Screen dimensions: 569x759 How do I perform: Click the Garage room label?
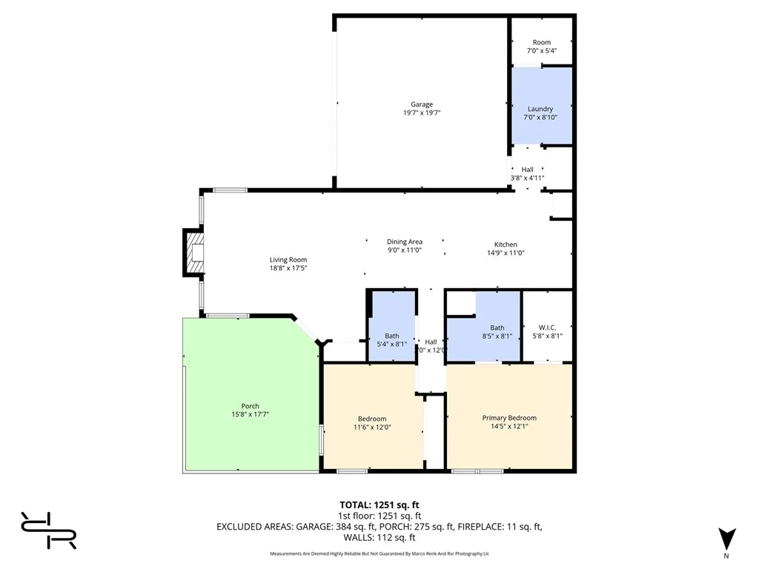[x=422, y=104]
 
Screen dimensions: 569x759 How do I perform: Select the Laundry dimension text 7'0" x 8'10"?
[x=540, y=117]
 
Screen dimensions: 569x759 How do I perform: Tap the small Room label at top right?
[x=542, y=42]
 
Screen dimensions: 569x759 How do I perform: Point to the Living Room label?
[x=288, y=260]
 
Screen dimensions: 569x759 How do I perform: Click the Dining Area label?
[x=405, y=242]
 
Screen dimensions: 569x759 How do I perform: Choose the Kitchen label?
[x=506, y=244]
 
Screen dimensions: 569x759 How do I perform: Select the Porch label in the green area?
[x=250, y=406]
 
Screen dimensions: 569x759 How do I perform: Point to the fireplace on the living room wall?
[x=194, y=253]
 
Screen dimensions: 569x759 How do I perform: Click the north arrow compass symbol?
[x=726, y=539]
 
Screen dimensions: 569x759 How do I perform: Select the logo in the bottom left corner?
[x=49, y=530]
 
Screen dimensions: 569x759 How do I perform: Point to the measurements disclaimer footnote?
[x=379, y=553]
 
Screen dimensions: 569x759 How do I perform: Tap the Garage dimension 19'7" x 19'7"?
[x=422, y=113]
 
